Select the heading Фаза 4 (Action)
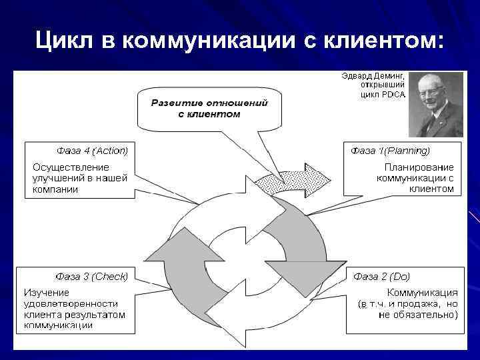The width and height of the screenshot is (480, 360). coord(91,150)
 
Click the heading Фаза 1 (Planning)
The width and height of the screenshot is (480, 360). coord(391,150)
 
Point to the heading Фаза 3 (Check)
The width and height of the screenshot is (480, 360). coord(91,275)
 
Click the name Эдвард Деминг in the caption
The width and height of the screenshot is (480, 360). coord(372,77)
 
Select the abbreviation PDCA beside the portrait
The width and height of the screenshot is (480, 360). coord(393,95)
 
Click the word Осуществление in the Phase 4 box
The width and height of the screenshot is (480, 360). coord(71,167)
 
